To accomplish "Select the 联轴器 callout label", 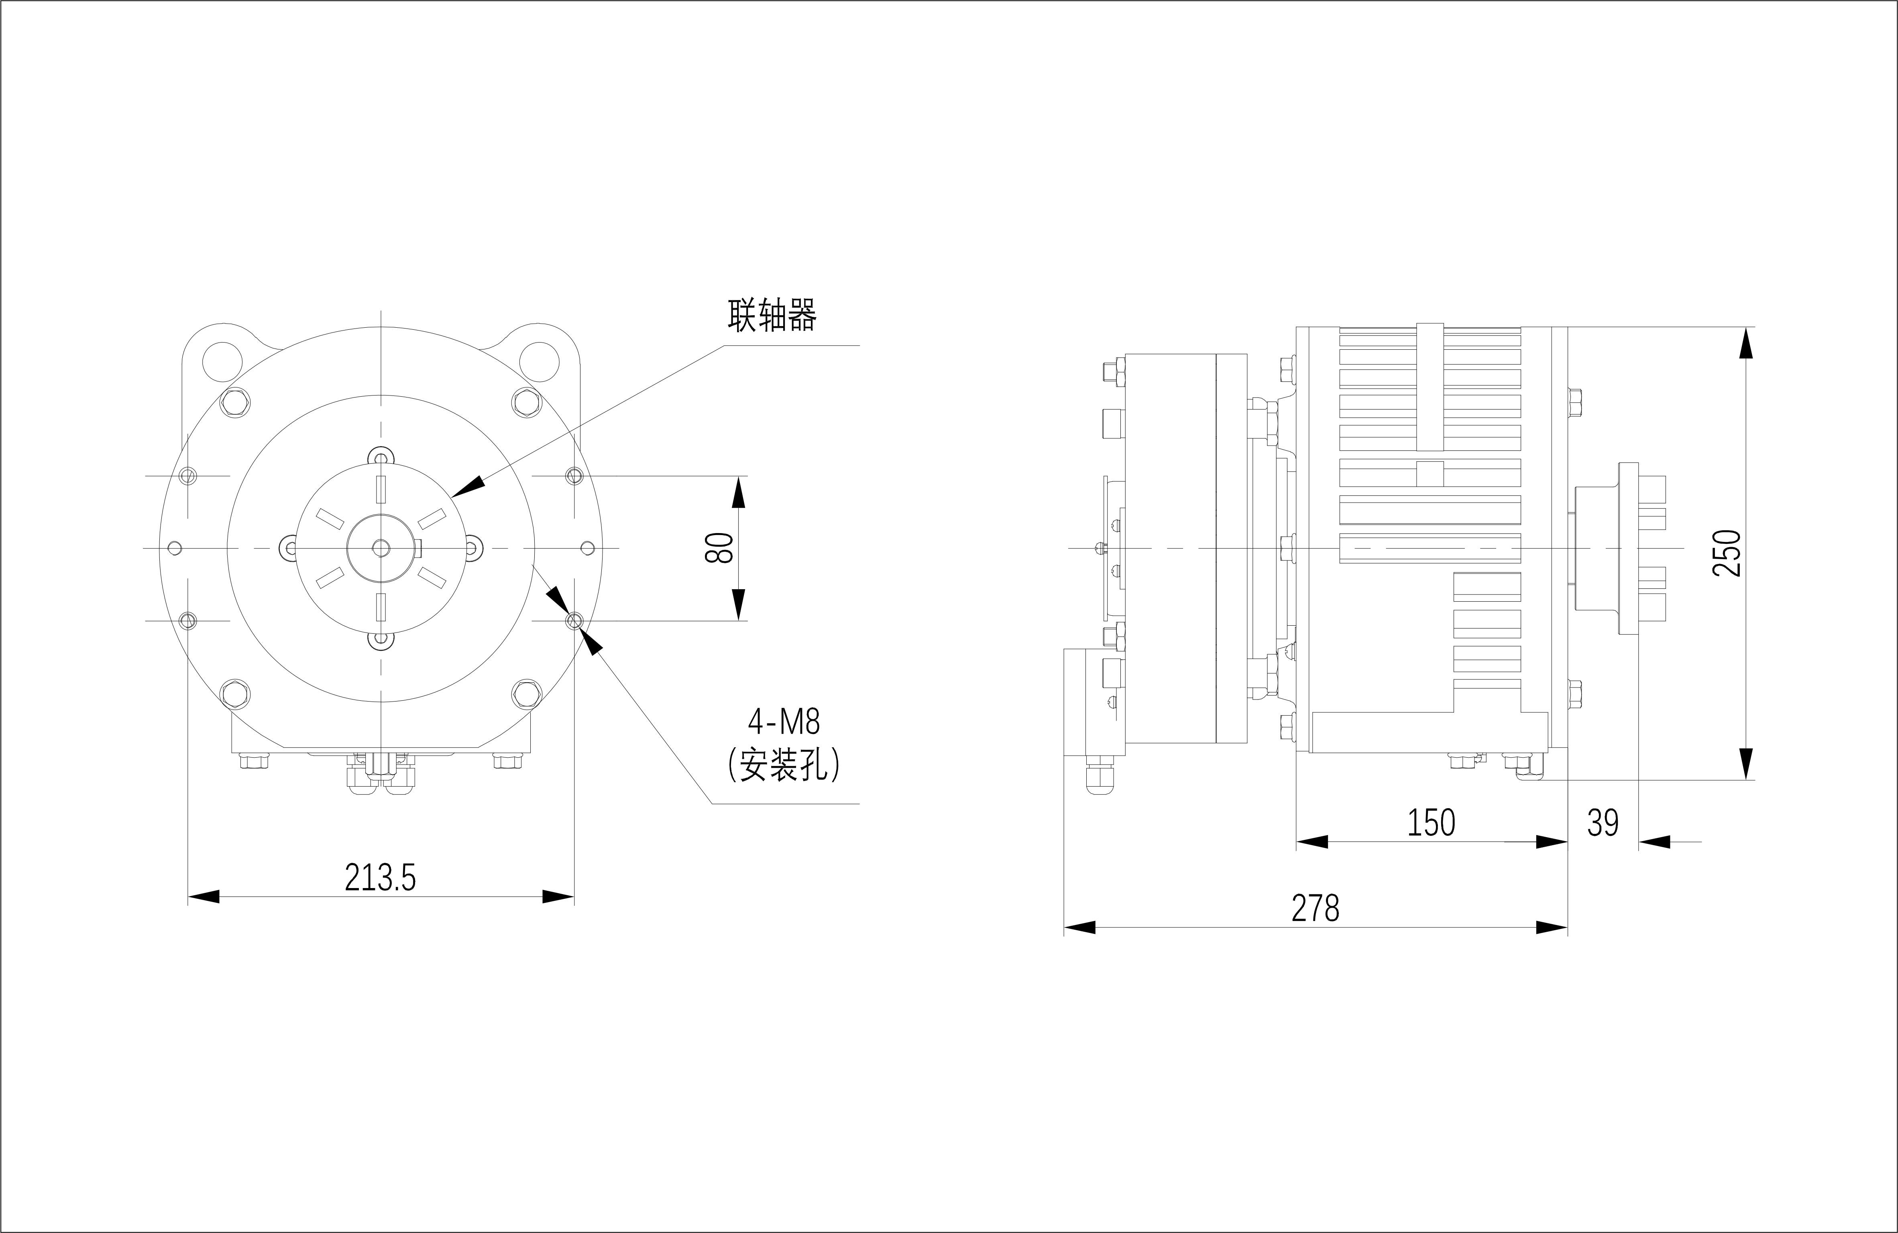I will click(x=772, y=316).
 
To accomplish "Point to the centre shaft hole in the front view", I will click(x=381, y=548).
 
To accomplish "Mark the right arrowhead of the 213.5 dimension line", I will click(x=558, y=896).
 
